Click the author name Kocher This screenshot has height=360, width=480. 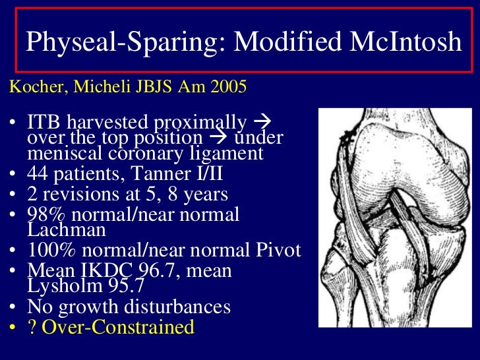click(x=31, y=86)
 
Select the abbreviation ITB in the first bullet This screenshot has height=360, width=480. click(x=44, y=123)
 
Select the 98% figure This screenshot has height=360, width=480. click(x=47, y=215)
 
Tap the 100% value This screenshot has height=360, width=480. click(x=53, y=251)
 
